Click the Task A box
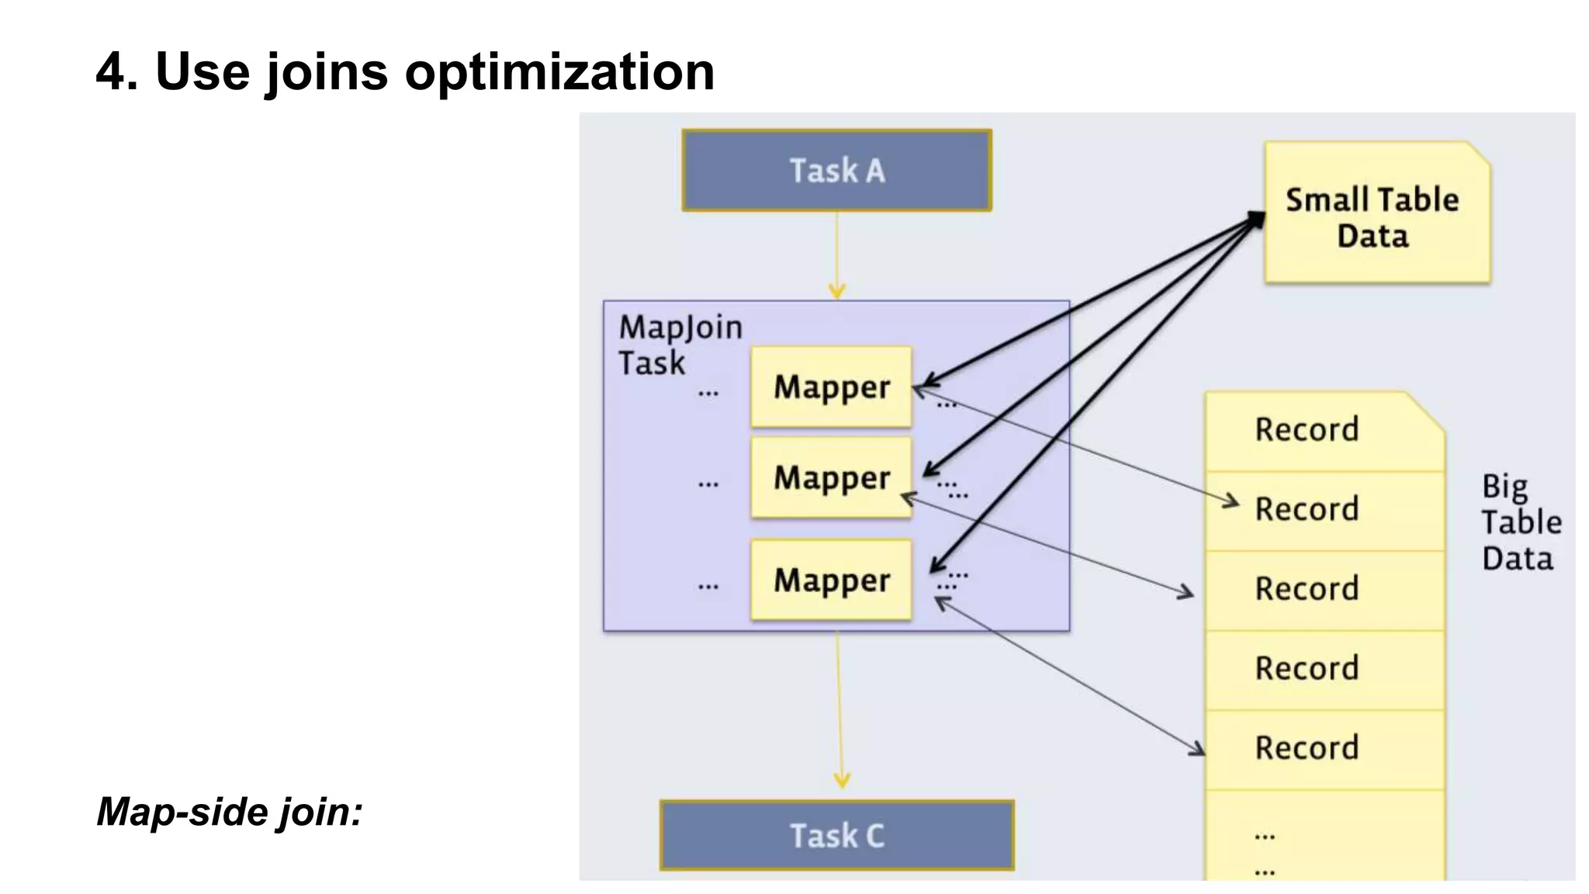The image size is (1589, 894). click(x=836, y=171)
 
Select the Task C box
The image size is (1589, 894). click(x=836, y=836)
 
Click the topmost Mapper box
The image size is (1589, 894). click(x=831, y=386)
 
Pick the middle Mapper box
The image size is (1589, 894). click(x=831, y=477)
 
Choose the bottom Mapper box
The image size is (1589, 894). click(x=831, y=580)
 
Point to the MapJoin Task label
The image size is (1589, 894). click(x=679, y=345)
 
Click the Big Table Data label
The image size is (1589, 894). click(x=1520, y=522)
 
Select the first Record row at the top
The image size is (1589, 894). click(x=1307, y=430)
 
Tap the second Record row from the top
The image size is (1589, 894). click(x=1307, y=510)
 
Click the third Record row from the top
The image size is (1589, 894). click(x=1307, y=589)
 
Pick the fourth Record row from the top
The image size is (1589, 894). click(x=1307, y=669)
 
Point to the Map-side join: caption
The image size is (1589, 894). click(x=230, y=813)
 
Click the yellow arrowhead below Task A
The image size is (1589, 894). click(x=836, y=291)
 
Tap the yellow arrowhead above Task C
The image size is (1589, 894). click(x=842, y=779)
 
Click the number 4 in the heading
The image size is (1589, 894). click(x=110, y=72)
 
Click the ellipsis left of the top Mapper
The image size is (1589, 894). click(x=708, y=394)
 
